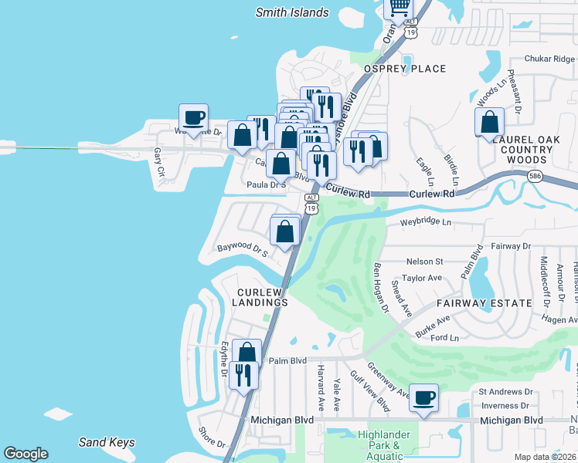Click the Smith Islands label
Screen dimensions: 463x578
[x=292, y=12]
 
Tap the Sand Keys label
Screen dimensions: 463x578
[x=107, y=442]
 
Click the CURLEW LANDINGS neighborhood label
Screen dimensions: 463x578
[x=263, y=297]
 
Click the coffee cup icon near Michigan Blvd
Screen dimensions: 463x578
[x=423, y=398]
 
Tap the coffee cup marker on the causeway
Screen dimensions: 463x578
[x=194, y=118]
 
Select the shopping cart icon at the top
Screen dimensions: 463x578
[x=399, y=7]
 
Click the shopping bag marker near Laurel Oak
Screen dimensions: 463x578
[x=489, y=122]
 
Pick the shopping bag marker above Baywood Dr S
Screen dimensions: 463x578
[x=285, y=231]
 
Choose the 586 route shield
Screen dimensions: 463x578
[x=535, y=177]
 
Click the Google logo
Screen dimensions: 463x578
[x=25, y=454]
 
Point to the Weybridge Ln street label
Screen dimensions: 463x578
[x=425, y=222]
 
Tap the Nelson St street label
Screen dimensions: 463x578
[x=424, y=262]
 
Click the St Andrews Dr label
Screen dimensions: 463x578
[x=507, y=392]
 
